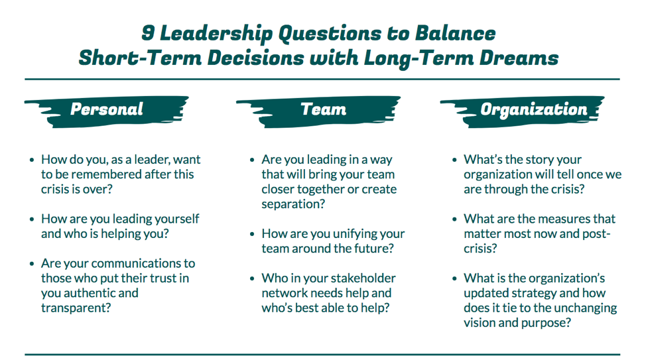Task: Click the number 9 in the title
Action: tap(148, 33)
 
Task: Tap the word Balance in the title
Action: tap(455, 33)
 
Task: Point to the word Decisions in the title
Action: tap(255, 58)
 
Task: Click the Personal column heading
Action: tap(107, 109)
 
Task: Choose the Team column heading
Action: tap(324, 109)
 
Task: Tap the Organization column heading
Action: tap(534, 109)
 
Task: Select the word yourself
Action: tap(176, 219)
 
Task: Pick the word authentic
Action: tap(90, 293)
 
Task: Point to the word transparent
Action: tap(76, 308)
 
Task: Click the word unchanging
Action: tap(584, 308)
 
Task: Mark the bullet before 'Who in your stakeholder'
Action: tap(252, 278)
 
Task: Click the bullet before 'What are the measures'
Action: tap(454, 219)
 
